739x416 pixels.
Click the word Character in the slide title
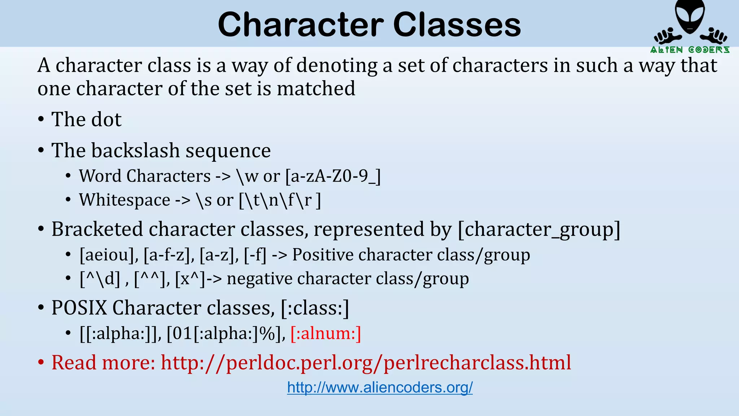tap(301, 25)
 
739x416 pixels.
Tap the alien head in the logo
tap(690, 16)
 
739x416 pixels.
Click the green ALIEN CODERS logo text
tap(690, 50)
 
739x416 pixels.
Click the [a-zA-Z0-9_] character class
tap(333, 176)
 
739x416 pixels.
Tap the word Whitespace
tap(124, 200)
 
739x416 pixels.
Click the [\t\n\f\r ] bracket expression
tap(280, 200)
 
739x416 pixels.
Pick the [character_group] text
tap(539, 229)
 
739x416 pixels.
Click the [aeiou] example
tap(109, 255)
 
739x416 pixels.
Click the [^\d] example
tap(100, 279)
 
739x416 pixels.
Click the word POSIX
tap(79, 308)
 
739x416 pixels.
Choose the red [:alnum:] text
tap(325, 333)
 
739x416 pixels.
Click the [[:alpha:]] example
tap(120, 333)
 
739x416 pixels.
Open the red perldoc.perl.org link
tap(366, 363)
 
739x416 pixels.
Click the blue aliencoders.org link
tap(380, 387)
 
